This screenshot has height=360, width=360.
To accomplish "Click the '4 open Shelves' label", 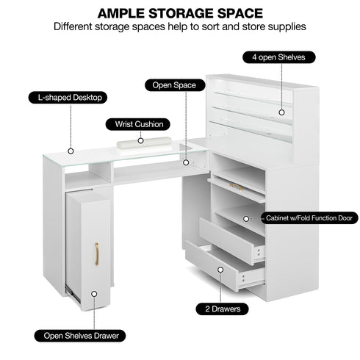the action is coord(279,57).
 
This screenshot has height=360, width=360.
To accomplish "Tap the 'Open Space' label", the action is coord(175,85).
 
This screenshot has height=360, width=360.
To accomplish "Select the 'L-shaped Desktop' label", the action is coord(68,98).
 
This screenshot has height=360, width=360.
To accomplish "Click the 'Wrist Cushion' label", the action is coord(138,124).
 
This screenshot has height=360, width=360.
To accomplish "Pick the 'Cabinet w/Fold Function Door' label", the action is coord(309,218).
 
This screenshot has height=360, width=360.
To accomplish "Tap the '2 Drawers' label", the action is coord(222,309).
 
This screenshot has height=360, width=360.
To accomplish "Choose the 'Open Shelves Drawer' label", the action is coord(80,336).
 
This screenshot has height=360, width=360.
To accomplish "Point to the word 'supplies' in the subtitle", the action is coord(287,26).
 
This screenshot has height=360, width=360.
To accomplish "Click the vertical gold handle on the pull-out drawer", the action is coord(97,253).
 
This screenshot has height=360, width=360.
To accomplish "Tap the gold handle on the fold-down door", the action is coord(236,187).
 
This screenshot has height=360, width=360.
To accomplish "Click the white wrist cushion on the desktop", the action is coord(144,143).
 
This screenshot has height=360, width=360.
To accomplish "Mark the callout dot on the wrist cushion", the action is coord(140,140).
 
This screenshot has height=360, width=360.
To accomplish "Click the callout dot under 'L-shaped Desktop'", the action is coord(71,151).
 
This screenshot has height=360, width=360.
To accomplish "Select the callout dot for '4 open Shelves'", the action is coord(281,112).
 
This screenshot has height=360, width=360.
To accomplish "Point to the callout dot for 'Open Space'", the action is coord(186,162).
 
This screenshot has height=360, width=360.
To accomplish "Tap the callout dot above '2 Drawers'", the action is coord(220,270).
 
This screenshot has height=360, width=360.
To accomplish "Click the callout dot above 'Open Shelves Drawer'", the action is coord(94,294).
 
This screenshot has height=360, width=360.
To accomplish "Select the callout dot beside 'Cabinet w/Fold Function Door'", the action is coord(246,218).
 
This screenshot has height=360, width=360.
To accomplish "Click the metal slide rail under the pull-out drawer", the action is coord(73,295).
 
